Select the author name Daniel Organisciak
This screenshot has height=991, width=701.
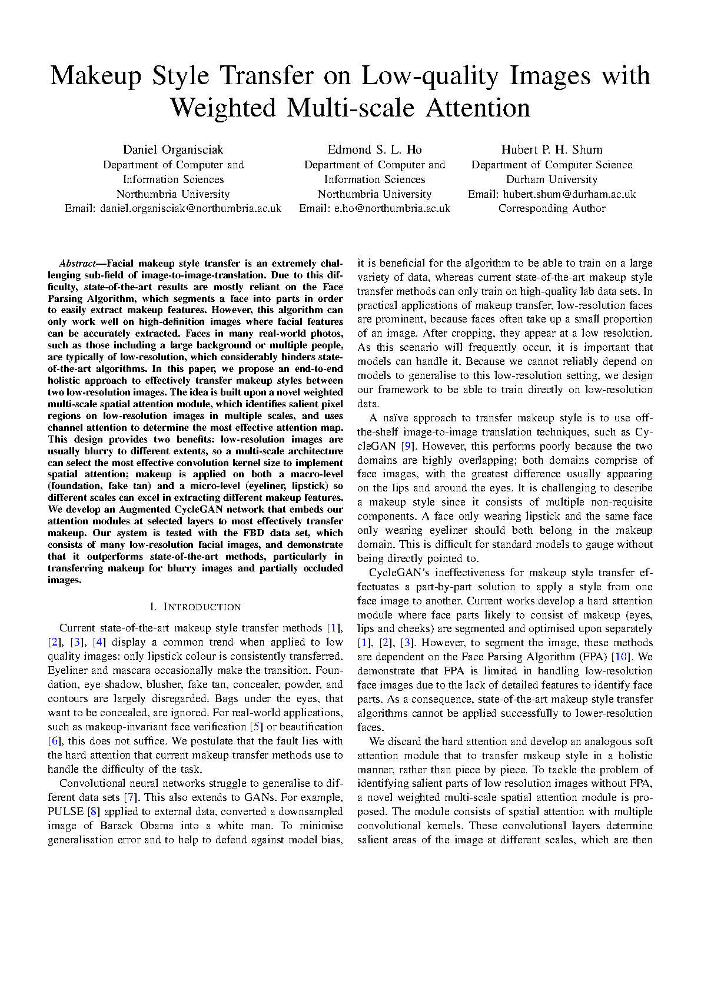(x=173, y=149)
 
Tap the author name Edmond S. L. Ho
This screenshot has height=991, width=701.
(x=374, y=149)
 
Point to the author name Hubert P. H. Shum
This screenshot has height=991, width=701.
(x=552, y=149)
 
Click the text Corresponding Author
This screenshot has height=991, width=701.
(x=552, y=208)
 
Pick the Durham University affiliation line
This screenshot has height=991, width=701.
(x=552, y=179)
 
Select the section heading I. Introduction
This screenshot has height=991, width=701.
(x=195, y=607)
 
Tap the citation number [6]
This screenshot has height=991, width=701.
(x=55, y=741)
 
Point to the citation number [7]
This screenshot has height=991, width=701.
(x=130, y=797)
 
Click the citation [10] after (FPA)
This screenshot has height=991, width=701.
(x=622, y=657)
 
